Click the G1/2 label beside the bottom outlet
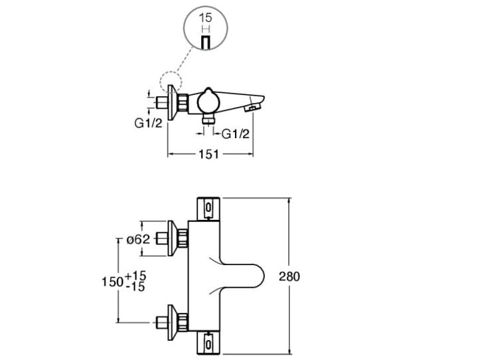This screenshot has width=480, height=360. coord(236,134)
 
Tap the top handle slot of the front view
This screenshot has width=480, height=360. coord(208,208)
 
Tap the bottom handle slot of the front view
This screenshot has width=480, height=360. coord(208,345)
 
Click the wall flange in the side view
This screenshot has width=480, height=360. coord(175,103)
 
